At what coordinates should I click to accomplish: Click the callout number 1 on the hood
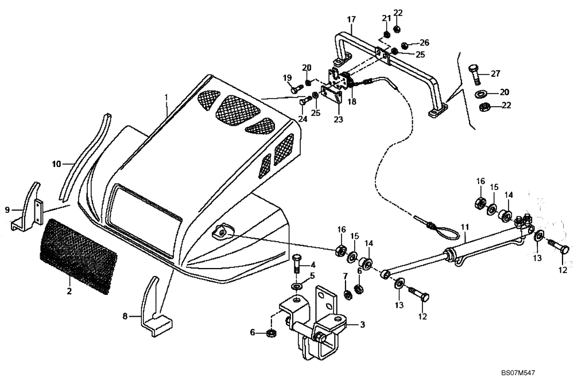click(x=167, y=98)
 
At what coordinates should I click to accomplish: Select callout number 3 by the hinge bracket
click(x=362, y=325)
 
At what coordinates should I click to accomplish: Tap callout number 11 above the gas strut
click(x=464, y=227)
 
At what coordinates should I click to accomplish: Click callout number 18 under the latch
click(x=351, y=101)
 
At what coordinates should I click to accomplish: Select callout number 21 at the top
click(x=386, y=18)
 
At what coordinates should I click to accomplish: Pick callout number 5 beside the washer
click(x=313, y=276)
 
